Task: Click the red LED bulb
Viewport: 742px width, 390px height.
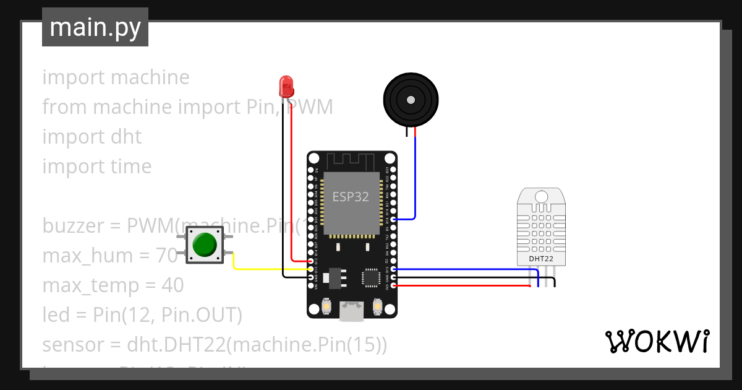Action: (286, 85)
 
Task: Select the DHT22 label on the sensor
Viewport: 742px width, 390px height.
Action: (541, 258)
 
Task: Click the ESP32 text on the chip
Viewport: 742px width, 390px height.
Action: (351, 197)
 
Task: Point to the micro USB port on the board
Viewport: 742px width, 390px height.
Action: (352, 311)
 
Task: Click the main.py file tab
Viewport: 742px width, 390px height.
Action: (95, 27)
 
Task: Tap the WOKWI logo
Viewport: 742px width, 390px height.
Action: (657, 341)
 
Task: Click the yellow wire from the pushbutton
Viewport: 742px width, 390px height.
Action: (266, 269)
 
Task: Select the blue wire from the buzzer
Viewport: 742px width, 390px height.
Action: (415, 180)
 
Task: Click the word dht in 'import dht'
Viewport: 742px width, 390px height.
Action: (126, 137)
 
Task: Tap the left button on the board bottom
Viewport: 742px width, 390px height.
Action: (325, 306)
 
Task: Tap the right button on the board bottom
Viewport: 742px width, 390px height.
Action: (378, 306)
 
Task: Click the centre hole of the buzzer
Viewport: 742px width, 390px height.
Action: (409, 99)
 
